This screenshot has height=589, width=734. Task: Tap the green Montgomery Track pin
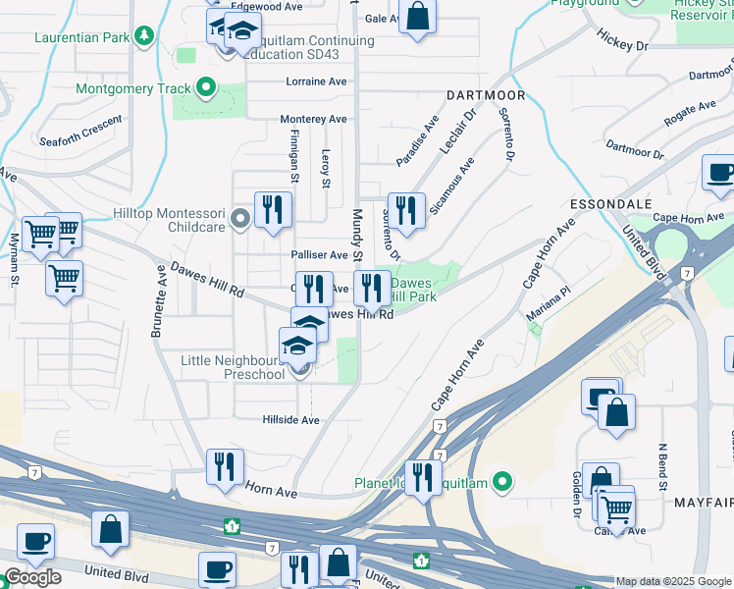point(205,88)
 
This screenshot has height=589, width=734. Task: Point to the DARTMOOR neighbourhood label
point(486,96)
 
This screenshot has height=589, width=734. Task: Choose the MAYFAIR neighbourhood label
point(704,502)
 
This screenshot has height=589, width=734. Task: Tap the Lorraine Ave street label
point(317,81)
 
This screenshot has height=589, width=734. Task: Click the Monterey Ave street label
point(313,119)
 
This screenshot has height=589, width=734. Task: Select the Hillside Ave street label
point(290,419)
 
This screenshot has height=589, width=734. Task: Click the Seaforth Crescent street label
point(81,132)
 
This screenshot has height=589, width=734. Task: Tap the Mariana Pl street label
point(551,297)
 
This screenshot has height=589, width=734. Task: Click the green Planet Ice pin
point(503,482)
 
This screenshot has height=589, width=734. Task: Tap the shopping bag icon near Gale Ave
point(417,17)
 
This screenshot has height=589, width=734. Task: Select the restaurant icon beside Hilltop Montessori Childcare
point(273,209)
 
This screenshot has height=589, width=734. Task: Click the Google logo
point(32,577)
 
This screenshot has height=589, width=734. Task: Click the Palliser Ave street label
point(319,255)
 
